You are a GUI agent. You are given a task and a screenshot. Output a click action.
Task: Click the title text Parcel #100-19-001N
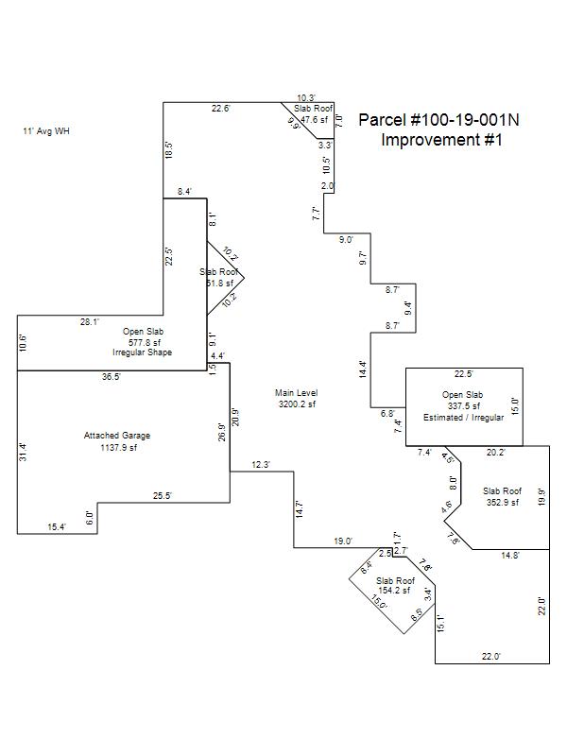coord(438,120)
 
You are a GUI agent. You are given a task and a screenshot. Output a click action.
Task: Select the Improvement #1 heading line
coord(441,140)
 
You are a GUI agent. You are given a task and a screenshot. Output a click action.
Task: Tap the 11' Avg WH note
coord(46,131)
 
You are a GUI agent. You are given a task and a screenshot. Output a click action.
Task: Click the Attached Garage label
coord(117,436)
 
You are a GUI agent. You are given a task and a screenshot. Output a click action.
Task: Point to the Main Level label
coord(297,392)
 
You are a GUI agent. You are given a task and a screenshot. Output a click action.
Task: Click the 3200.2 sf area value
coord(296,404)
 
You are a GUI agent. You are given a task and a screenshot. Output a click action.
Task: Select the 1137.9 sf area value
coord(119,448)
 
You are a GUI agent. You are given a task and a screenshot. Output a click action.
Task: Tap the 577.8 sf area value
coord(146,342)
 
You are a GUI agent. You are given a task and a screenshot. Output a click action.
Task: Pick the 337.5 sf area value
coord(463,405)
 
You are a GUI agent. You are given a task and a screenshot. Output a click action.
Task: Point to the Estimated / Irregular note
coord(463,417)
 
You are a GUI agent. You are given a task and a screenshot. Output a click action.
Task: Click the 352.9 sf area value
coord(502,503)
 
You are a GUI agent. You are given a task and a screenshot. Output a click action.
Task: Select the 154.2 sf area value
coord(395,591)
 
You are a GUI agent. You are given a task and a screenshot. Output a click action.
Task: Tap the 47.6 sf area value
coord(314,120)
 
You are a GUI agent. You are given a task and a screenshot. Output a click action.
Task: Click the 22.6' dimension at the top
coord(219,109)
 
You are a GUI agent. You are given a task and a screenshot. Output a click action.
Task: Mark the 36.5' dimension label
coord(111,377)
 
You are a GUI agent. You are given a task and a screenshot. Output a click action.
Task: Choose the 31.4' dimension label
coord(24,452)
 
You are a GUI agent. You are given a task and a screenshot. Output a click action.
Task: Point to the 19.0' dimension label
coord(342,541)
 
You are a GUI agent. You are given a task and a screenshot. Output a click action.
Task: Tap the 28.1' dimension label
coord(90,322)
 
